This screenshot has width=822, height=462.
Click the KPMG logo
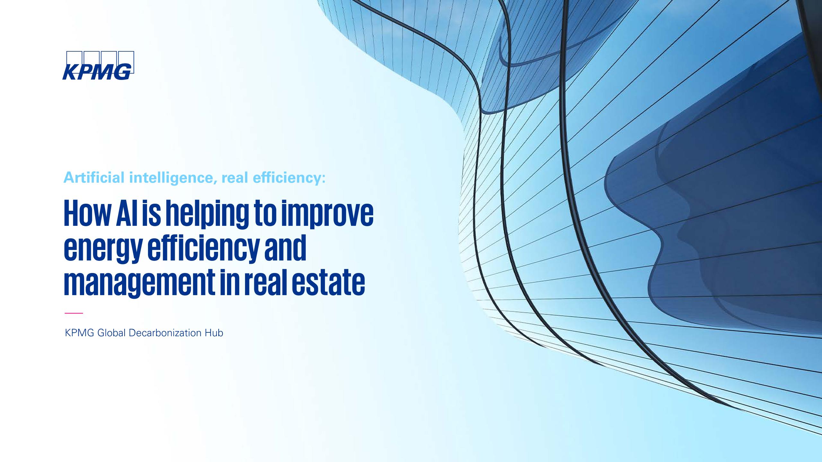[98, 65]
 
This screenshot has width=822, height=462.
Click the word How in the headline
[84, 213]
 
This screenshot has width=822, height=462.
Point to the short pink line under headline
[74, 313]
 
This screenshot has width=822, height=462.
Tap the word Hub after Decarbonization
[214, 333]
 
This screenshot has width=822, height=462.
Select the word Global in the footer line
[111, 333]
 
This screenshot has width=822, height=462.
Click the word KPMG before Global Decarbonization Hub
[79, 333]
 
